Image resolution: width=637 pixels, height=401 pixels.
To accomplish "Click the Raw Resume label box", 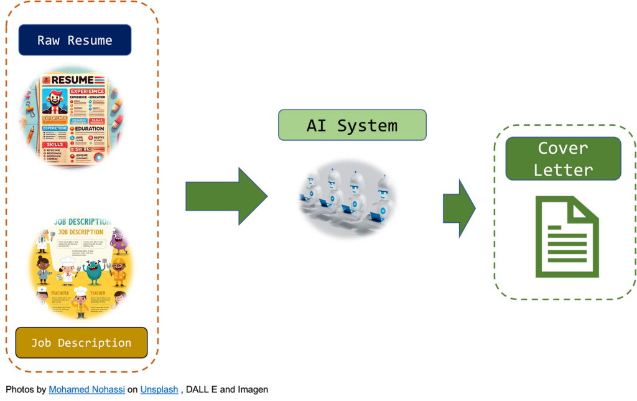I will [x=75, y=40].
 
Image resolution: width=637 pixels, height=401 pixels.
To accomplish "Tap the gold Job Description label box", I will [x=81, y=343].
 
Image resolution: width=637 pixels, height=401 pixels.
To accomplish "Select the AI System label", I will [x=351, y=125].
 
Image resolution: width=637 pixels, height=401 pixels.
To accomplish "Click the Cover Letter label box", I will [x=562, y=158].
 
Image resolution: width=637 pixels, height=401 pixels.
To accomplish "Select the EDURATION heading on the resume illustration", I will [x=88, y=129].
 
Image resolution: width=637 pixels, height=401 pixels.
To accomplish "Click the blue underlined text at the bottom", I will [x=149, y=390].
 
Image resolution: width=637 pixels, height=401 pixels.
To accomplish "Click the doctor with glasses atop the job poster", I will [x=41, y=240].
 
